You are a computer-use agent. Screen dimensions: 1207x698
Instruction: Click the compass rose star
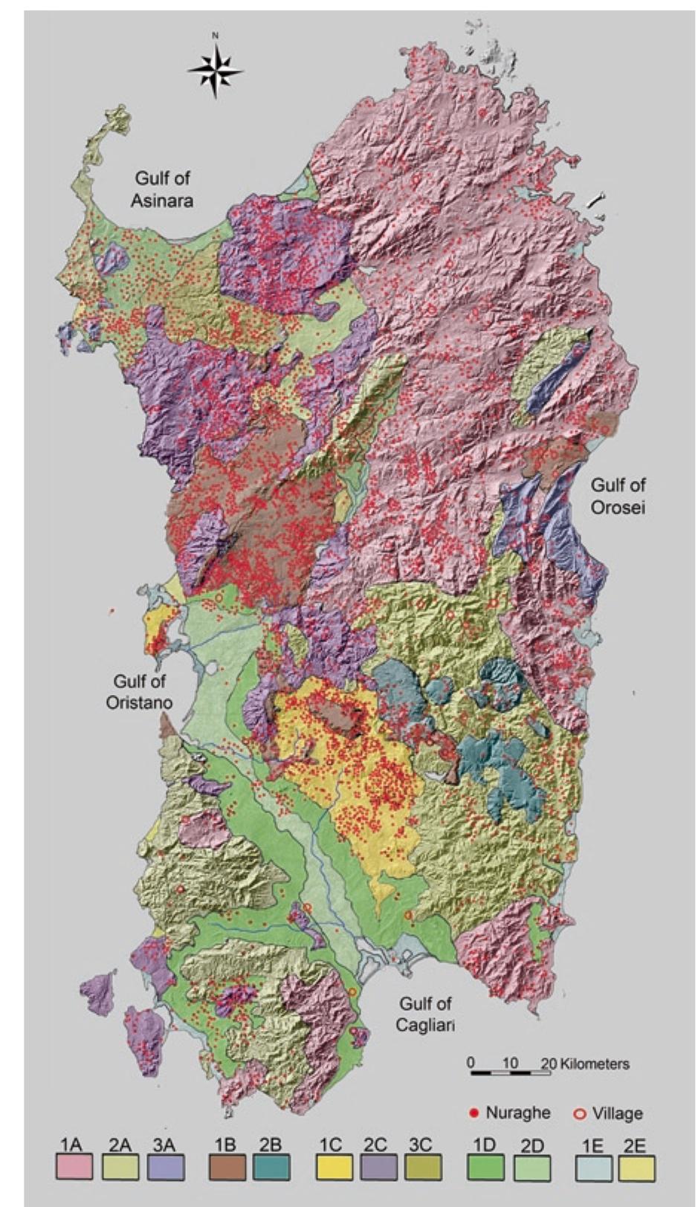(x=215, y=71)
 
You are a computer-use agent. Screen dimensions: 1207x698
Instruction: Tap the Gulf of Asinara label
(x=162, y=189)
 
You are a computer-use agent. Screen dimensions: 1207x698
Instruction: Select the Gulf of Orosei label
(x=618, y=496)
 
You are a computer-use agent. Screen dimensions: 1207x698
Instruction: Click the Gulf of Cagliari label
(x=424, y=1014)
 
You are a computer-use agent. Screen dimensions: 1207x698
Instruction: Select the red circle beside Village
(x=581, y=1114)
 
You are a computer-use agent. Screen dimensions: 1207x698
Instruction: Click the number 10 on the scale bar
(x=509, y=1063)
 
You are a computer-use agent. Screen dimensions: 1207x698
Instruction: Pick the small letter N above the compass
(x=215, y=35)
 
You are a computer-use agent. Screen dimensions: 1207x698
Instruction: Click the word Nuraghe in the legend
(x=517, y=1113)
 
